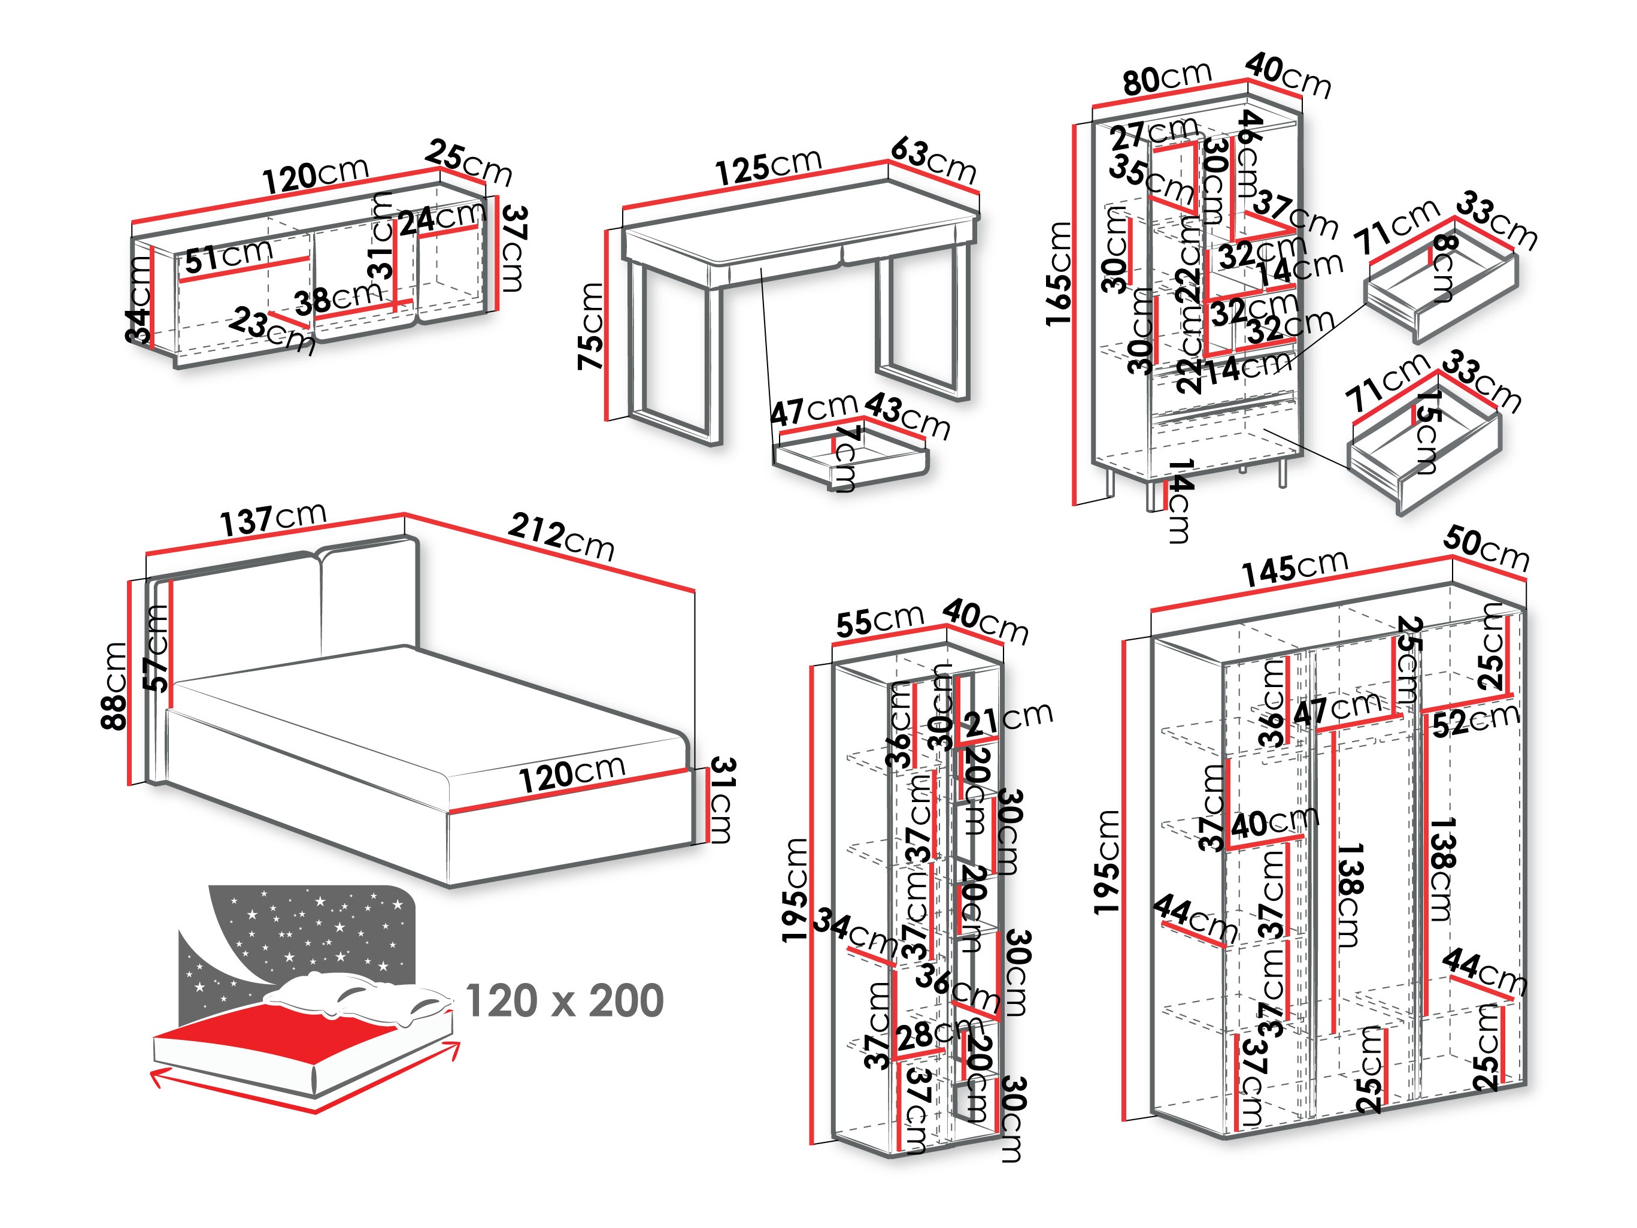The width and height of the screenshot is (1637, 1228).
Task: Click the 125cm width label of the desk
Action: tap(768, 166)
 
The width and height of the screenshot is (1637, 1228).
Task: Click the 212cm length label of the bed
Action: tap(561, 537)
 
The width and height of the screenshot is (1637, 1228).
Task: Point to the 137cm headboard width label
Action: tap(272, 518)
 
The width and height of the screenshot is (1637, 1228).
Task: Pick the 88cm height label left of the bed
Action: tap(116, 685)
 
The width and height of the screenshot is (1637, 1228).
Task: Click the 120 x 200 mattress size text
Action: tap(565, 1001)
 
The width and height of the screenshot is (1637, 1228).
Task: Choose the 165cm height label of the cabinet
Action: tap(1058, 274)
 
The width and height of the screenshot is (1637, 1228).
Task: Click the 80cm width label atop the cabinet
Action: tap(1166, 77)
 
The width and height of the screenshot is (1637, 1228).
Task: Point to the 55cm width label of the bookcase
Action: tap(879, 621)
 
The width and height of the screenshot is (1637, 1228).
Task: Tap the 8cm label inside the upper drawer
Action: tap(1443, 268)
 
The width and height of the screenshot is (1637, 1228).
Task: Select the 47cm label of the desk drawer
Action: tap(813, 409)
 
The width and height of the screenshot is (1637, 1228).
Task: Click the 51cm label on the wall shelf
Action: tap(228, 255)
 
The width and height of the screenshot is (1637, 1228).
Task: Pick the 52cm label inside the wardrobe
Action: tap(1475, 720)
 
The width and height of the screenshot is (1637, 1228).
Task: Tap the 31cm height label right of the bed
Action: tap(721, 800)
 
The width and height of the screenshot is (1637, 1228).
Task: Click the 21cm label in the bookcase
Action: tap(1007, 718)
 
